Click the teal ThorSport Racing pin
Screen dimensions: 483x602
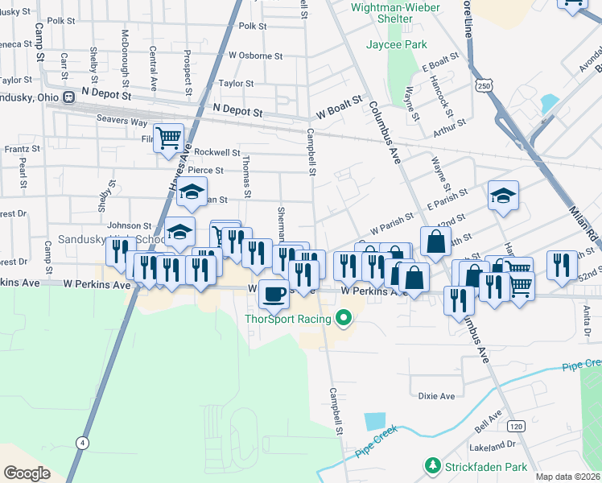tap(344, 320)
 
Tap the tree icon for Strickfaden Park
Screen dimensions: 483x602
tap(432, 466)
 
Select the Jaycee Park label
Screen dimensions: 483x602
tap(397, 45)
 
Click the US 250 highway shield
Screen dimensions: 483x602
tap(483, 85)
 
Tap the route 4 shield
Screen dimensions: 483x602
tap(82, 442)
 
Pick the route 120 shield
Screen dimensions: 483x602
tap(515, 424)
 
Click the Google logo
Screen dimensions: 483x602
tap(26, 473)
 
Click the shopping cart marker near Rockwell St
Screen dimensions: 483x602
tap(168, 138)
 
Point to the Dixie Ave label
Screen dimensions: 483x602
tap(436, 396)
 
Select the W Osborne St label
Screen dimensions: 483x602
tap(255, 56)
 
